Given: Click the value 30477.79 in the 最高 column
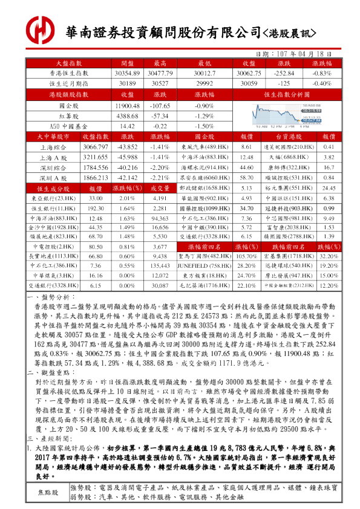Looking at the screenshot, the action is coord(160,73).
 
